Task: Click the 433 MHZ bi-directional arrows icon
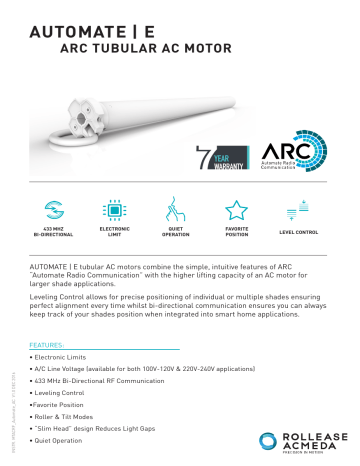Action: [x=49, y=211]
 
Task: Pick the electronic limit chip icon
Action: [x=113, y=211]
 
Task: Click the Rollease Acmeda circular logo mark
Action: [x=264, y=439]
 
